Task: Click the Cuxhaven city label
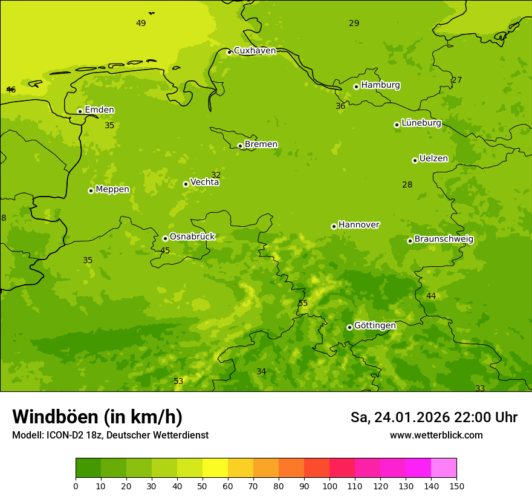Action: [255, 50]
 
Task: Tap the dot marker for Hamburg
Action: [356, 86]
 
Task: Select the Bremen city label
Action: [261, 144]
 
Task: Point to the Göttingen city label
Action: [375, 325]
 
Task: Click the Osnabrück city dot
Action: [165, 238]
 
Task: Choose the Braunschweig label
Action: [444, 239]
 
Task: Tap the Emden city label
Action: [99, 109]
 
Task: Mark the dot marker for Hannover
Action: [334, 226]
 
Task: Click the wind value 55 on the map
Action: [303, 303]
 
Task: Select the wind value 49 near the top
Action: [141, 23]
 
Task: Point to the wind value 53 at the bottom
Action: [178, 381]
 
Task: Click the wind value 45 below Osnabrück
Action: [165, 250]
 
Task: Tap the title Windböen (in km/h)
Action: [97, 417]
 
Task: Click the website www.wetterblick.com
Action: [436, 435]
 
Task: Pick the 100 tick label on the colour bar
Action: [329, 486]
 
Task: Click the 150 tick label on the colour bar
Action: [456, 486]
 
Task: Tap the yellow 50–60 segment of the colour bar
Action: [215, 468]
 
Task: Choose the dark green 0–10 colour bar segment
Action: [88, 468]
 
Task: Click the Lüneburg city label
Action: [421, 123]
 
